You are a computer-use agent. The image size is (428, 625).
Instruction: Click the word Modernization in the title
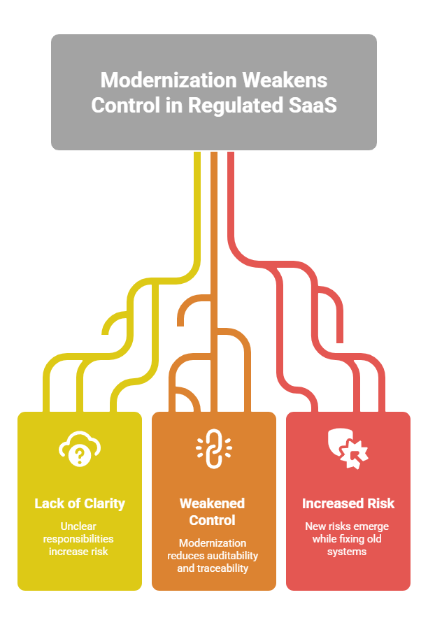pyautogui.click(x=169, y=80)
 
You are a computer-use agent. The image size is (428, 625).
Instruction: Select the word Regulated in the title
pyautogui.click(x=236, y=106)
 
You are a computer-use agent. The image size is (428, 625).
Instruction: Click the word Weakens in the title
pyautogui.click(x=285, y=80)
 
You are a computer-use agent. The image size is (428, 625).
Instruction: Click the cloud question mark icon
pyautogui.click(x=80, y=448)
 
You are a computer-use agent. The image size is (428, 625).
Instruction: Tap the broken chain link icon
pyautogui.click(x=214, y=448)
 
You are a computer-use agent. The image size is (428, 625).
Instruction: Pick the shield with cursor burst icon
pyautogui.click(x=348, y=448)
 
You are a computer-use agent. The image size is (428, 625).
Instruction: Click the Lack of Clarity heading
pyautogui.click(x=80, y=503)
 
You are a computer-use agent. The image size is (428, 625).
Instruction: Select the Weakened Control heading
pyautogui.click(x=212, y=512)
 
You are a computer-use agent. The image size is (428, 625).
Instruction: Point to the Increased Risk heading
pyautogui.click(x=348, y=503)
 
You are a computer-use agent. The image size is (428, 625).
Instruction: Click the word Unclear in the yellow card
pyautogui.click(x=78, y=526)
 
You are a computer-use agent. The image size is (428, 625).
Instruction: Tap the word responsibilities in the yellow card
pyautogui.click(x=78, y=539)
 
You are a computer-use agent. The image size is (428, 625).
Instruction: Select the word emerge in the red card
pyautogui.click(x=371, y=527)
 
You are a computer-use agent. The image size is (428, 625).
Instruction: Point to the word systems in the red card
pyautogui.click(x=347, y=552)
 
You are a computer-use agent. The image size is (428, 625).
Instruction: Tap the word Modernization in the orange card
pyautogui.click(x=213, y=543)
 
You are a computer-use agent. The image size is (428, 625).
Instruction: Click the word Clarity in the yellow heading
pyautogui.click(x=104, y=504)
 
